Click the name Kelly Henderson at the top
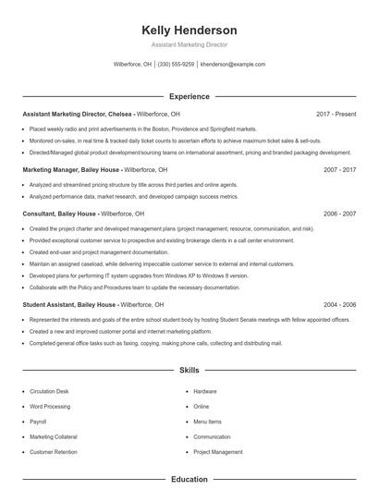[x=189, y=30]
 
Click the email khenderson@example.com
[x=232, y=65]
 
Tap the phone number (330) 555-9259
[x=176, y=65]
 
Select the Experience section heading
[x=189, y=96]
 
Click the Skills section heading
[x=189, y=370]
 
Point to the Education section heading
[x=189, y=480]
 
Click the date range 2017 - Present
[x=336, y=114]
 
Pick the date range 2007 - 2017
[x=339, y=170]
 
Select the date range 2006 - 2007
[x=339, y=214]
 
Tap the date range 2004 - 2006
[x=339, y=304]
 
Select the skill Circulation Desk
[x=50, y=391]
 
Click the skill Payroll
[x=38, y=422]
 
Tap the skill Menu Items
[x=208, y=422]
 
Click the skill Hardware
[x=205, y=391]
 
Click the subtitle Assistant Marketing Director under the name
[x=189, y=44]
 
